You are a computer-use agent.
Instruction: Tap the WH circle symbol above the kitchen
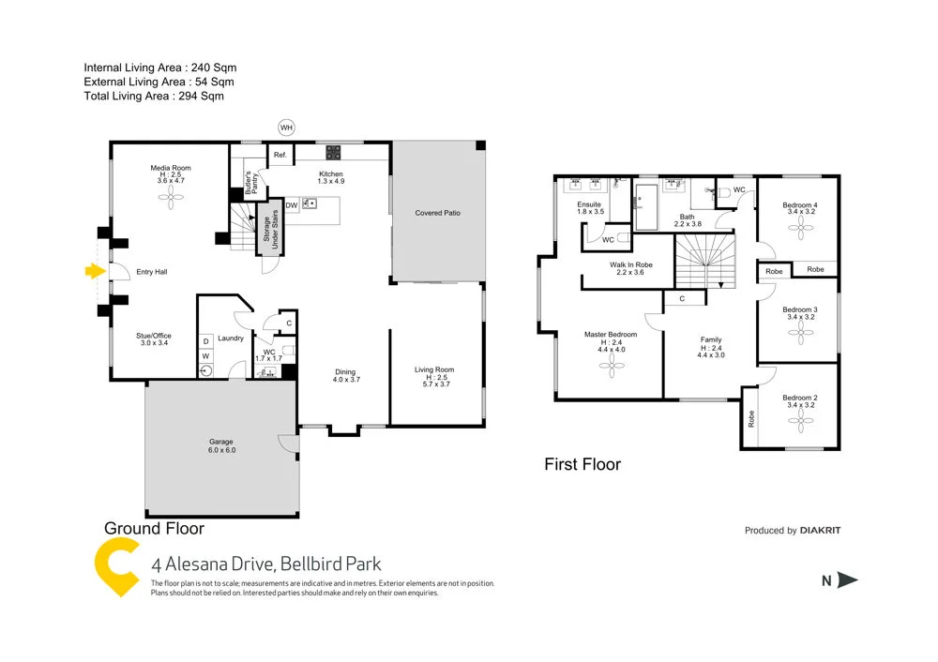[x=286, y=127]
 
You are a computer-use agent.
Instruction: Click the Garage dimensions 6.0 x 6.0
[x=221, y=451]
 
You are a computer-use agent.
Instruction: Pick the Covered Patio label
[x=438, y=213]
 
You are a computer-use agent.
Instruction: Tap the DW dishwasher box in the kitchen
[x=292, y=203]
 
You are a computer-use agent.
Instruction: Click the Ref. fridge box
[x=279, y=156]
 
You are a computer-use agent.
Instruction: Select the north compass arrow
[x=847, y=580]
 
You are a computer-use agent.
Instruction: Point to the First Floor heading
[x=582, y=464]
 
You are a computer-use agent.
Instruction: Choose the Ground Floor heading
[x=154, y=529]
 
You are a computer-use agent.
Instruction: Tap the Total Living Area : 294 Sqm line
[x=154, y=96]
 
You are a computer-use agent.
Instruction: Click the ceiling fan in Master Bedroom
[x=611, y=369]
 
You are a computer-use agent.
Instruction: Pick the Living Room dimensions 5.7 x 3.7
[x=434, y=384]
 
